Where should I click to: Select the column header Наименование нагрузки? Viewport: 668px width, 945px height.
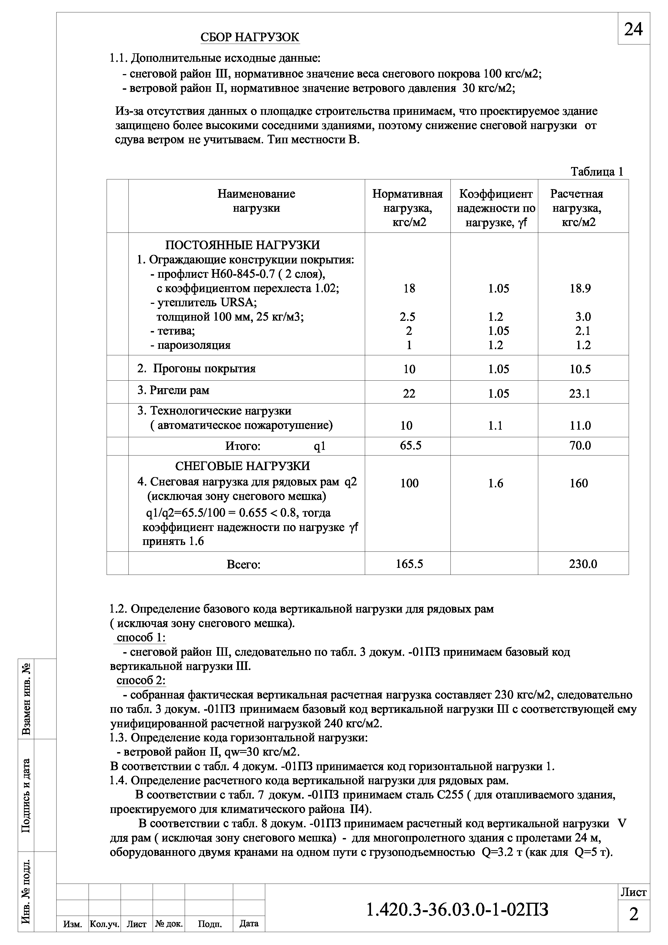click(256, 201)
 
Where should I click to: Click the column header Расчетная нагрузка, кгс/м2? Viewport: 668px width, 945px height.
click(577, 208)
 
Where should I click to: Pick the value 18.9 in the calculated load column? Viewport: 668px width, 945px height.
click(580, 289)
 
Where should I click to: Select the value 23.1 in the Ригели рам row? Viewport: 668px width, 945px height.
click(580, 394)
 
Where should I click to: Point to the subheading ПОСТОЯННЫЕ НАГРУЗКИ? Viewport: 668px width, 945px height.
click(242, 245)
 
